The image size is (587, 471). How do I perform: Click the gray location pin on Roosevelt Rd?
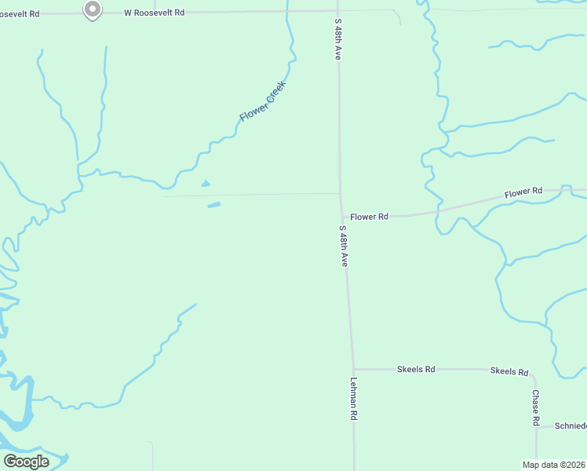(x=92, y=10)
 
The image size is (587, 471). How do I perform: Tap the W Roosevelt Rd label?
(x=155, y=13)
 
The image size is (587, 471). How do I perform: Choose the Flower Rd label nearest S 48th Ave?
(x=369, y=216)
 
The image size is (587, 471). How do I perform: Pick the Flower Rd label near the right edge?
(x=523, y=192)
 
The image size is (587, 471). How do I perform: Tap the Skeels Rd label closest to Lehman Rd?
(x=416, y=368)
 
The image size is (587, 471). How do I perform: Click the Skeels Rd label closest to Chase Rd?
(x=509, y=371)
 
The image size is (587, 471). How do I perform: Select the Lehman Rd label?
(x=353, y=400)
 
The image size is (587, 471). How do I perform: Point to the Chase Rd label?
(x=536, y=407)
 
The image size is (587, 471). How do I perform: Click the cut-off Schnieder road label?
(x=571, y=425)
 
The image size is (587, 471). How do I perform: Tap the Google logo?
(x=26, y=461)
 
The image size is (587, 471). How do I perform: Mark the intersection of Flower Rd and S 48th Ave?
(x=341, y=216)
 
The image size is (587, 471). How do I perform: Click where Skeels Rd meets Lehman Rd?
(x=353, y=368)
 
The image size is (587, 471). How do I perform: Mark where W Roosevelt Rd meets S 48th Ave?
(x=337, y=11)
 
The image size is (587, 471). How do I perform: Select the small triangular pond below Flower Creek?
(x=206, y=184)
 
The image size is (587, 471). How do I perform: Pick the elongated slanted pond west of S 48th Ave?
(x=213, y=206)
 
